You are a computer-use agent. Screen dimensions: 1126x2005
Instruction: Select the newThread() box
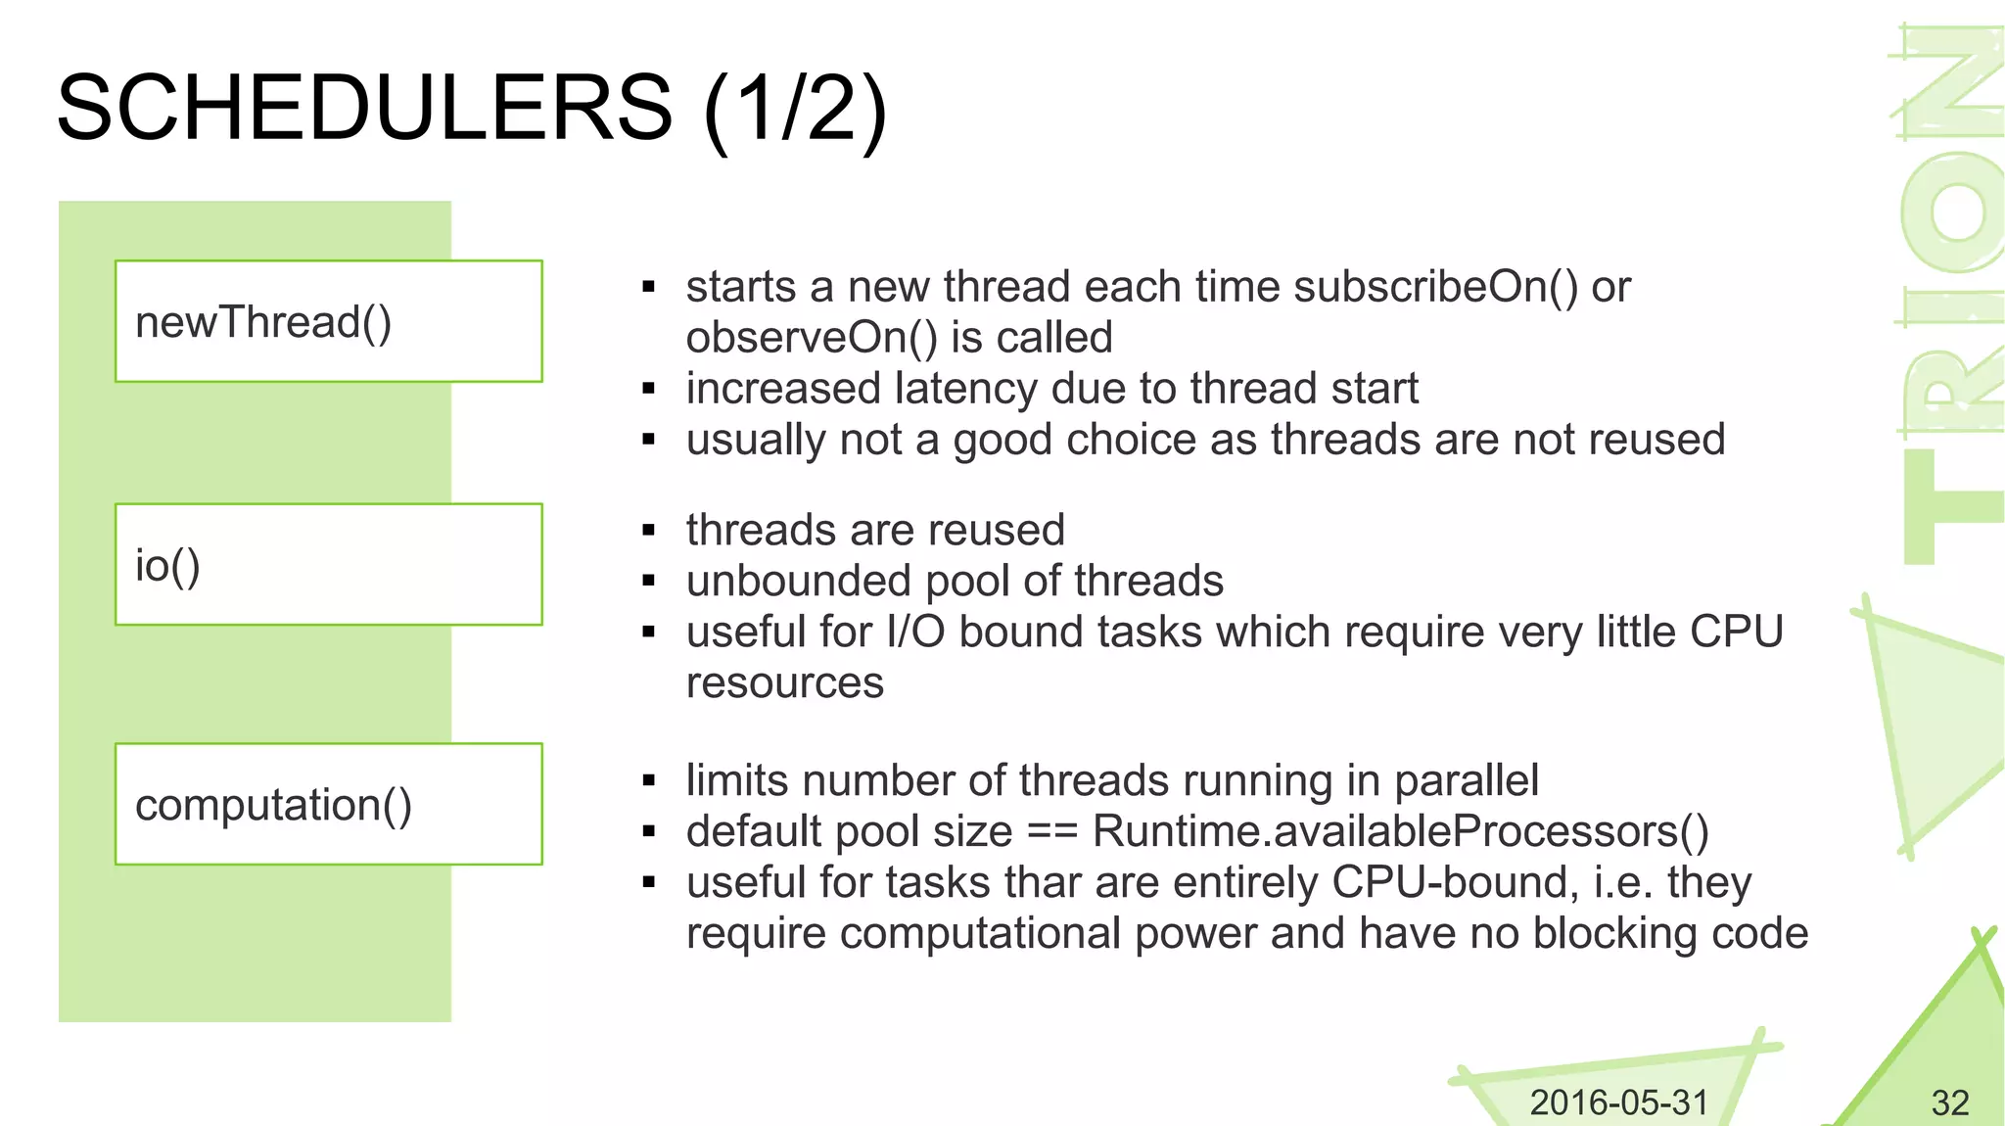(329, 321)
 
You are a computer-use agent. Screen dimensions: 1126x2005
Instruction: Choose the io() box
(329, 565)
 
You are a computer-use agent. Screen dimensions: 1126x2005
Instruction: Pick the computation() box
(329, 804)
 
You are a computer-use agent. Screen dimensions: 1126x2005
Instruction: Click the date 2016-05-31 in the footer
(1618, 1103)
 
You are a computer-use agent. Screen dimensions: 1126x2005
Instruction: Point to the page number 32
(1949, 1103)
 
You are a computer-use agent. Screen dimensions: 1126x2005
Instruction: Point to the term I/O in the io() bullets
(915, 633)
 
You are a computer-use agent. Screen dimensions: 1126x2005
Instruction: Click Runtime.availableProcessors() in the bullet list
(1401, 832)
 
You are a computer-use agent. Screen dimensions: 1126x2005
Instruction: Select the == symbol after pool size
(1052, 832)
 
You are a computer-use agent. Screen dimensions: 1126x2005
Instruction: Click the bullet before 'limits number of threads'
(648, 781)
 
